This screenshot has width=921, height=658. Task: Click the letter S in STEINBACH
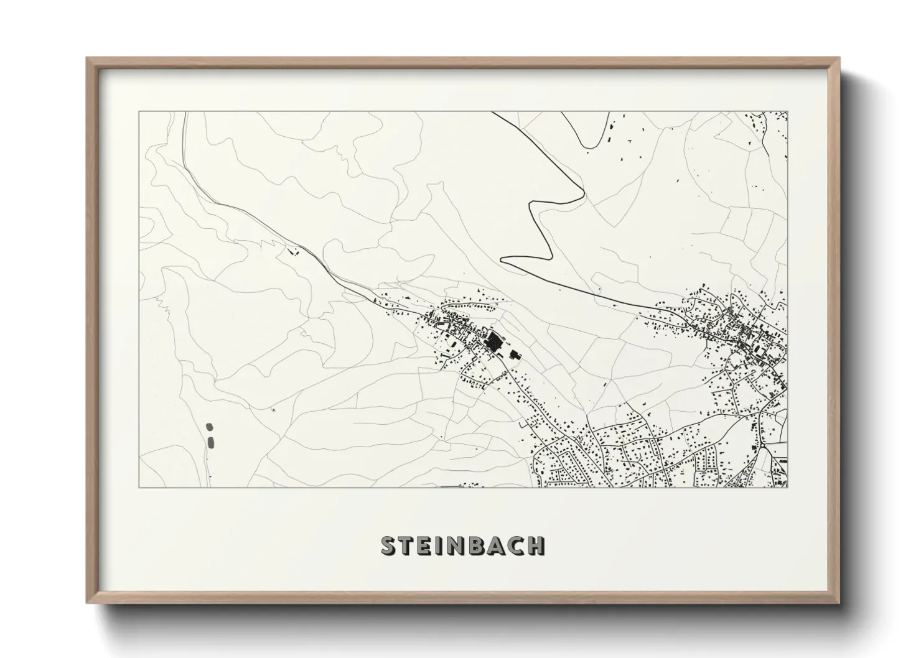[x=388, y=546]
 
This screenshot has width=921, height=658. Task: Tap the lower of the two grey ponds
[x=210, y=442]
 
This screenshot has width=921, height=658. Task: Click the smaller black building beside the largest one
[x=514, y=354]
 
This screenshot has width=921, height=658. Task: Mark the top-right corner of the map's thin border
[x=788, y=112]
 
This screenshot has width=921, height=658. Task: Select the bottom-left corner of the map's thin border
[x=139, y=487]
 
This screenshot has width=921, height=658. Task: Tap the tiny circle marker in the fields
[x=273, y=409]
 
